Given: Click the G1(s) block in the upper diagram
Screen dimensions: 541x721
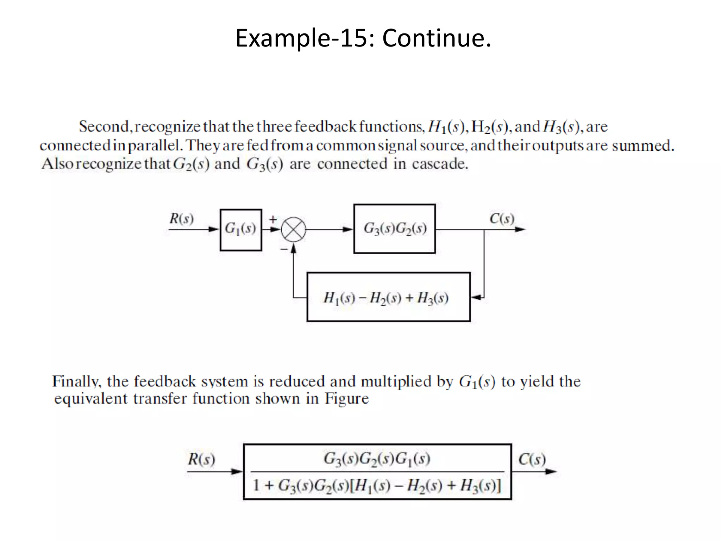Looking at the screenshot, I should pyautogui.click(x=240, y=230).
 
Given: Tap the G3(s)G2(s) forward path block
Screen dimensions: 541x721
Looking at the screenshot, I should pyautogui.click(x=394, y=229).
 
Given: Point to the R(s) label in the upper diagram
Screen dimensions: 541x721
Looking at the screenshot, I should pyautogui.click(x=181, y=219).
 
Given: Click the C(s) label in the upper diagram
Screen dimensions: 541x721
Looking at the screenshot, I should pyautogui.click(x=502, y=219).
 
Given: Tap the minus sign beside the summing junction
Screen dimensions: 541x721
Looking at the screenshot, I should pyautogui.click(x=284, y=249).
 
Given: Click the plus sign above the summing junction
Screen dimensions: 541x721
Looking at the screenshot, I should pyautogui.click(x=273, y=219).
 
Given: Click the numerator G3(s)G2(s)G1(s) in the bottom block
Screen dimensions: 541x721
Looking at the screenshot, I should pyautogui.click(x=377, y=459).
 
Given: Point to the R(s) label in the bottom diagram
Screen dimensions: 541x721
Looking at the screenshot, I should pyautogui.click(x=201, y=459).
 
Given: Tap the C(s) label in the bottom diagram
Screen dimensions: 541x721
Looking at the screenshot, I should pyautogui.click(x=532, y=459).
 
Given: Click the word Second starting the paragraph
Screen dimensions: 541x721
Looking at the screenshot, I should pyautogui.click(x=104, y=126).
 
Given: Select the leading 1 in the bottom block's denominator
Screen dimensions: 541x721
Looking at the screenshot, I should pyautogui.click(x=256, y=485).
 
